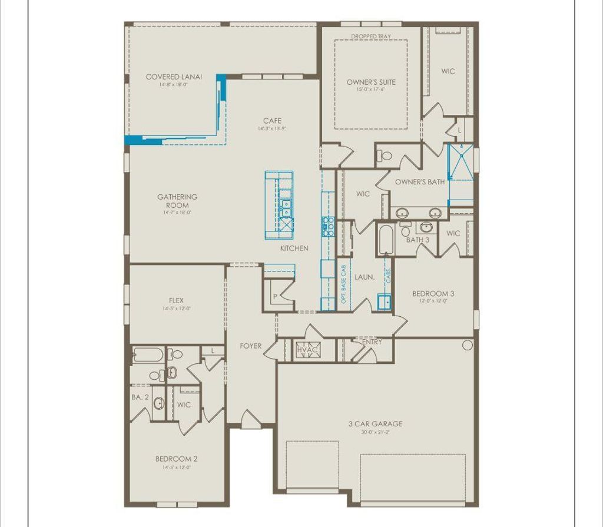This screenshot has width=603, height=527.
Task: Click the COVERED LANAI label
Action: pos(174,77)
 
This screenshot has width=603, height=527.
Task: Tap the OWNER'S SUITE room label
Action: pos(371,82)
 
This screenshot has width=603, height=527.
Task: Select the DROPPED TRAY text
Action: pos(371,37)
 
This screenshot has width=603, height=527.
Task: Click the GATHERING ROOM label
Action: pos(177,201)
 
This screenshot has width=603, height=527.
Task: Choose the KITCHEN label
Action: pos(294,248)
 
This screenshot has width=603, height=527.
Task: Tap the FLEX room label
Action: pos(177,300)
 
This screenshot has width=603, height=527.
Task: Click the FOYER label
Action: pos(251,346)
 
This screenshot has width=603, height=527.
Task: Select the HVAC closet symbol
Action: pos(307,350)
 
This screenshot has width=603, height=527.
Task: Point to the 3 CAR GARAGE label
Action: pos(376,423)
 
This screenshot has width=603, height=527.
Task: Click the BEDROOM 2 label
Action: pos(176,459)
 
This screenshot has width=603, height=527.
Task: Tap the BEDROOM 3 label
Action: pos(433,293)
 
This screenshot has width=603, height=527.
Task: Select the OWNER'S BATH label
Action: pos(420,182)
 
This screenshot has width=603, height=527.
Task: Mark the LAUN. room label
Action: pos(364,276)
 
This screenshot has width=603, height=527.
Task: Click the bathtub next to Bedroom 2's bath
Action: pos(147,355)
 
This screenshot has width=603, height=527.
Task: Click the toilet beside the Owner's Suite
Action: pos(386,156)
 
